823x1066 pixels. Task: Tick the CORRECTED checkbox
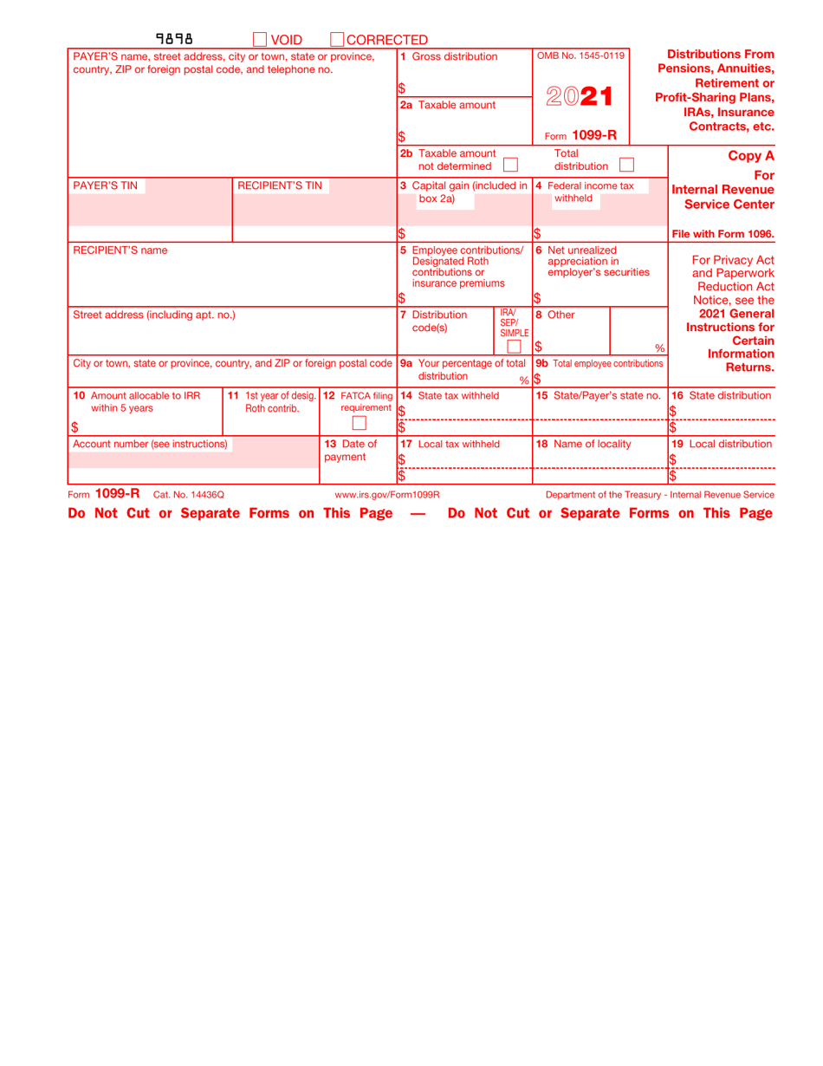coord(337,39)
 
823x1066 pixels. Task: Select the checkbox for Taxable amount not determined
coord(510,164)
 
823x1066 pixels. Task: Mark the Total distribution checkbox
coord(626,164)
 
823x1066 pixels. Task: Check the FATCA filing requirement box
coord(360,423)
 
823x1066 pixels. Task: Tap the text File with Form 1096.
coord(723,233)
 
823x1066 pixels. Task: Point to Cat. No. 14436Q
coord(189,494)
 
